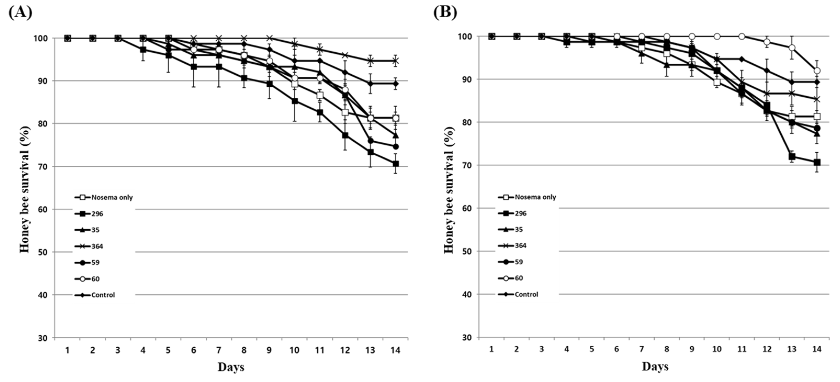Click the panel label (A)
pyautogui.click(x=20, y=12)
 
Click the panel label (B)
pyautogui.click(x=445, y=12)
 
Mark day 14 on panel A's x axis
pyautogui.click(x=396, y=350)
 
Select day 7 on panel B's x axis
pyautogui.click(x=641, y=349)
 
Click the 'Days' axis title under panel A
pyautogui.click(x=231, y=367)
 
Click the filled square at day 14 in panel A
pyautogui.click(x=396, y=164)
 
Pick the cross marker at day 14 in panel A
pyautogui.click(x=396, y=61)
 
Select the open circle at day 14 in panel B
pyautogui.click(x=817, y=71)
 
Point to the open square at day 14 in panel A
pyautogui.click(x=396, y=118)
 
